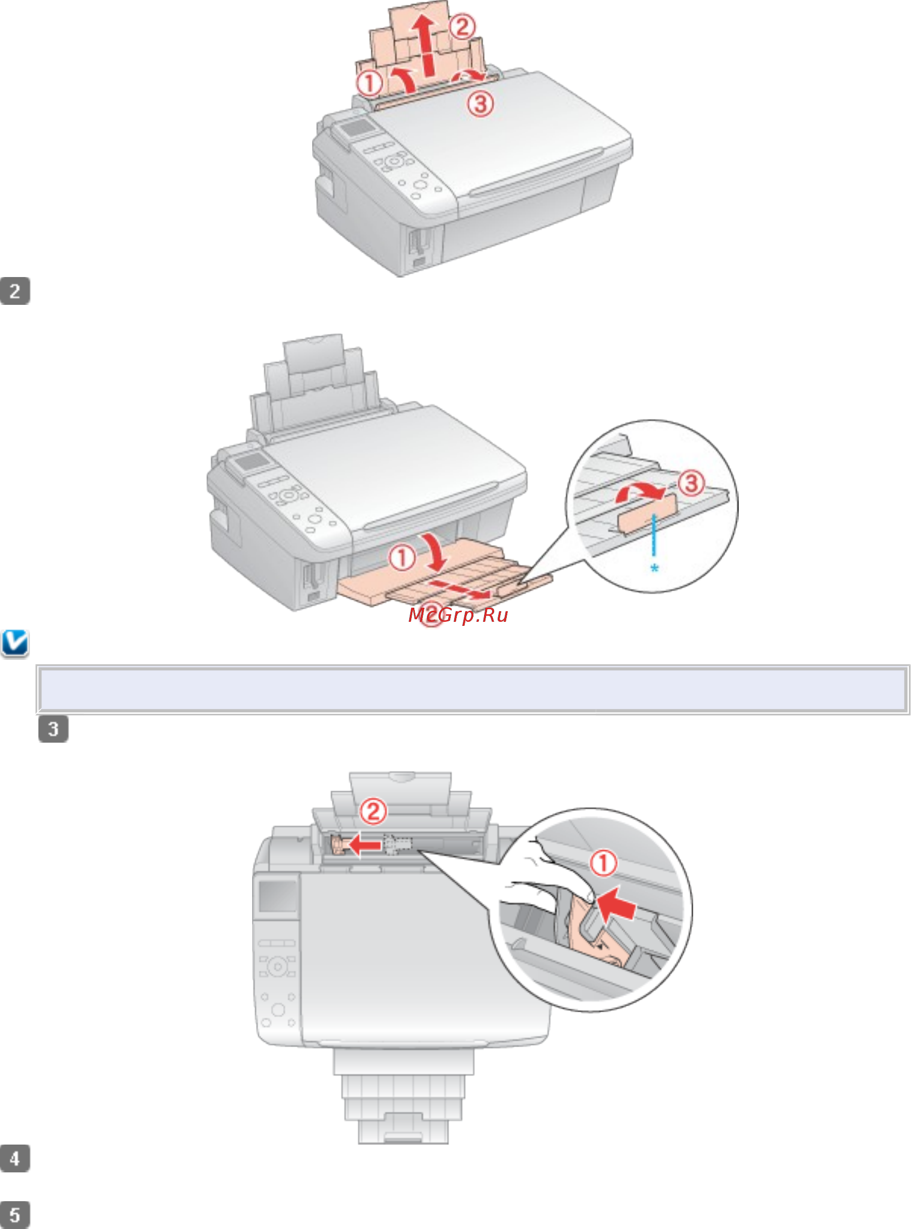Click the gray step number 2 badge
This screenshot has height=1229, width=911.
pos(15,291)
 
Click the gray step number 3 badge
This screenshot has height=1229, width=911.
pos(54,729)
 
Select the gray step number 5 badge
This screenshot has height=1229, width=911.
pos(15,1214)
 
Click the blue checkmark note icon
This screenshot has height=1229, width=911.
pos(15,643)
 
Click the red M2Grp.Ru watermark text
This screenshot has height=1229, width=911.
pos(458,615)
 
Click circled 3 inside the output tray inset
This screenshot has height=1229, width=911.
pos(691,483)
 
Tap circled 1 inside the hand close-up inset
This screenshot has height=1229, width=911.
pos(603,863)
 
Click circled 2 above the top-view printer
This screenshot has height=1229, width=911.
pos(373,812)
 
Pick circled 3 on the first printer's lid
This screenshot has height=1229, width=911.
pos(481,103)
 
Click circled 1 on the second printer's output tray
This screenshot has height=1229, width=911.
pos(402,558)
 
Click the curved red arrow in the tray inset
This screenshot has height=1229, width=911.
pos(640,490)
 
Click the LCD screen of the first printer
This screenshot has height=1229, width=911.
pos(357,127)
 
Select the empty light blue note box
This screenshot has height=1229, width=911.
pos(472,689)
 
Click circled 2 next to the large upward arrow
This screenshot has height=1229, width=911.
pos(462,26)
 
